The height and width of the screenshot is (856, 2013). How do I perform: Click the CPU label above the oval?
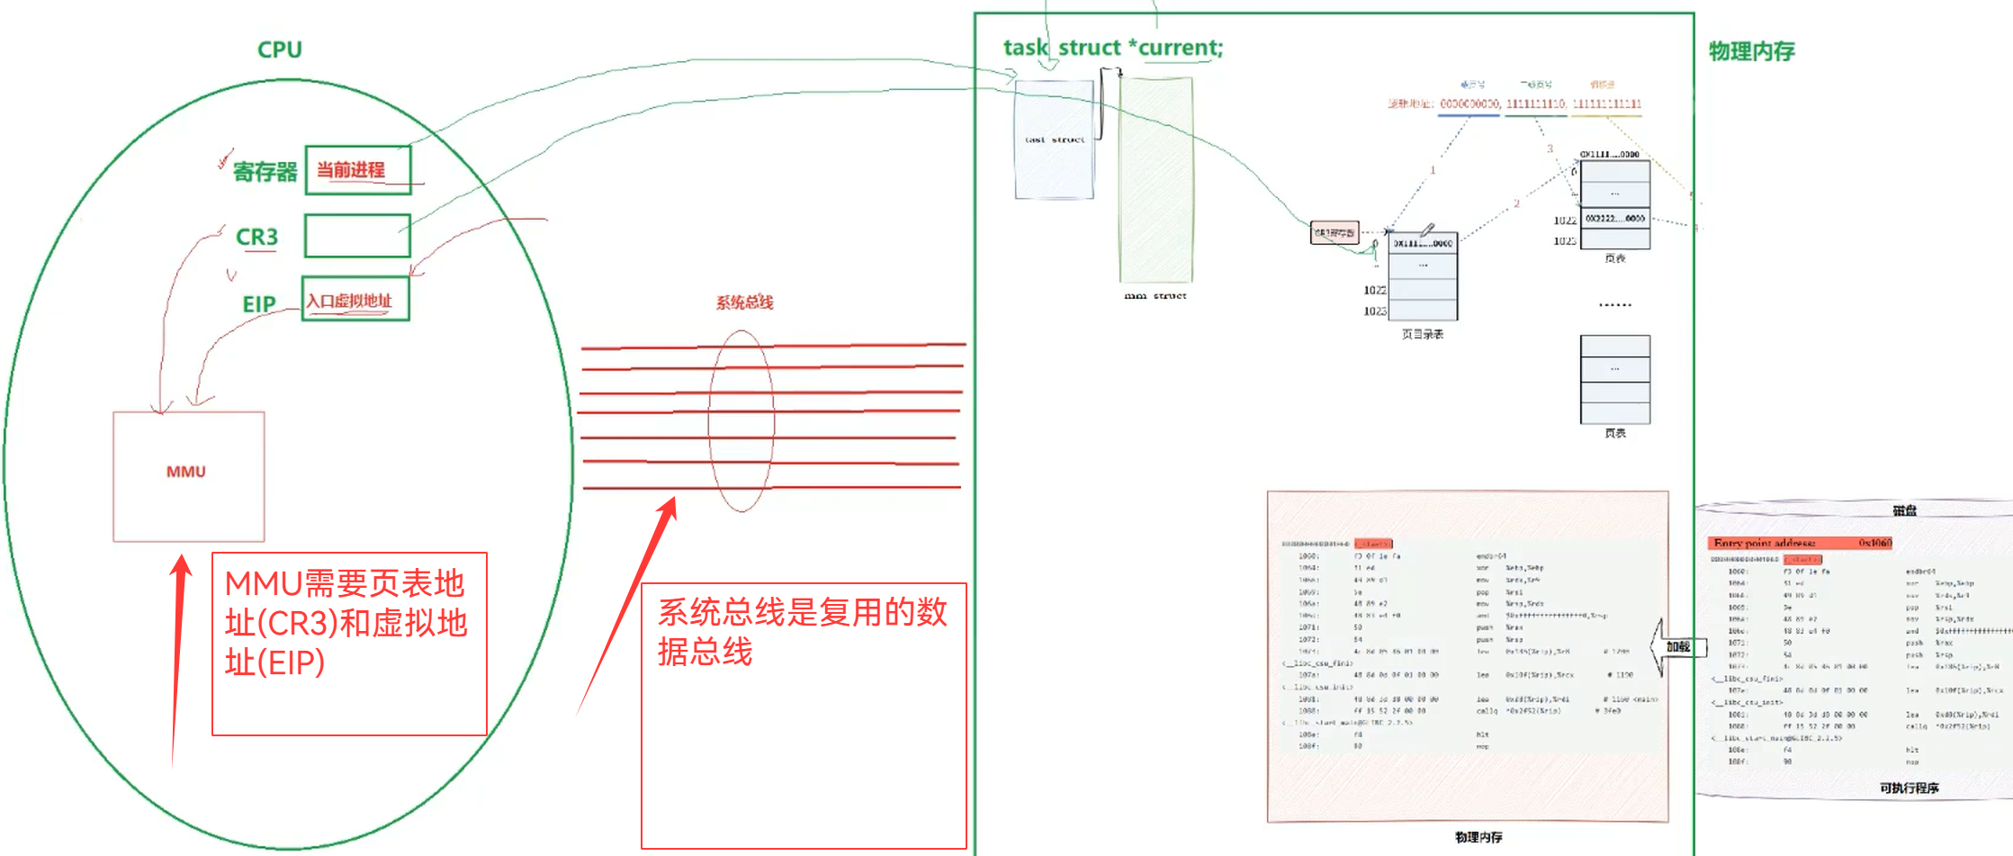click(x=279, y=50)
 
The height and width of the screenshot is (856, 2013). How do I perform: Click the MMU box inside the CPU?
click(x=188, y=475)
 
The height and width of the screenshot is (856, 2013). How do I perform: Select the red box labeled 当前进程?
click(x=357, y=169)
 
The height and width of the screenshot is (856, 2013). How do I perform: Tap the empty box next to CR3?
click(x=357, y=236)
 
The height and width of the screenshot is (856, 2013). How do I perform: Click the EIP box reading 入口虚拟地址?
click(x=355, y=300)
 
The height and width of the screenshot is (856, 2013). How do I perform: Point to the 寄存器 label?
click(x=265, y=171)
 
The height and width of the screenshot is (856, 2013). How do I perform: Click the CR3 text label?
click(x=256, y=237)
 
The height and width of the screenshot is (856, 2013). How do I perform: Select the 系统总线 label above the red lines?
click(x=744, y=302)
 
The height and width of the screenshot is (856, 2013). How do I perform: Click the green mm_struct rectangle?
click(x=1155, y=180)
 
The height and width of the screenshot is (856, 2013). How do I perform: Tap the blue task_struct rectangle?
click(x=1054, y=140)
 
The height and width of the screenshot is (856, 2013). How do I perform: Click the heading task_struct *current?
click(x=1112, y=48)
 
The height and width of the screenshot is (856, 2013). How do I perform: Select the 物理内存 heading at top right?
click(x=1751, y=51)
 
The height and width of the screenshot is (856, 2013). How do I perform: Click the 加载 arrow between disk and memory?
click(x=1676, y=645)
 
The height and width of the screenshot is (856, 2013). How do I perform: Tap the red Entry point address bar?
click(x=1800, y=543)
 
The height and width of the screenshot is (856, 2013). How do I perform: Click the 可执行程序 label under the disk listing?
click(x=1909, y=788)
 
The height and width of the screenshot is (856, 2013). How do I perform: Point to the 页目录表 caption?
click(x=1422, y=334)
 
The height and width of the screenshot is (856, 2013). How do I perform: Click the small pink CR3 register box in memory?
click(x=1334, y=233)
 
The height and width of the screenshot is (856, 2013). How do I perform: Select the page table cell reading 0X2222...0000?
click(x=1614, y=219)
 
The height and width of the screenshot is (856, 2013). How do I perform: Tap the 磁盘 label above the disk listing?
click(x=1904, y=510)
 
